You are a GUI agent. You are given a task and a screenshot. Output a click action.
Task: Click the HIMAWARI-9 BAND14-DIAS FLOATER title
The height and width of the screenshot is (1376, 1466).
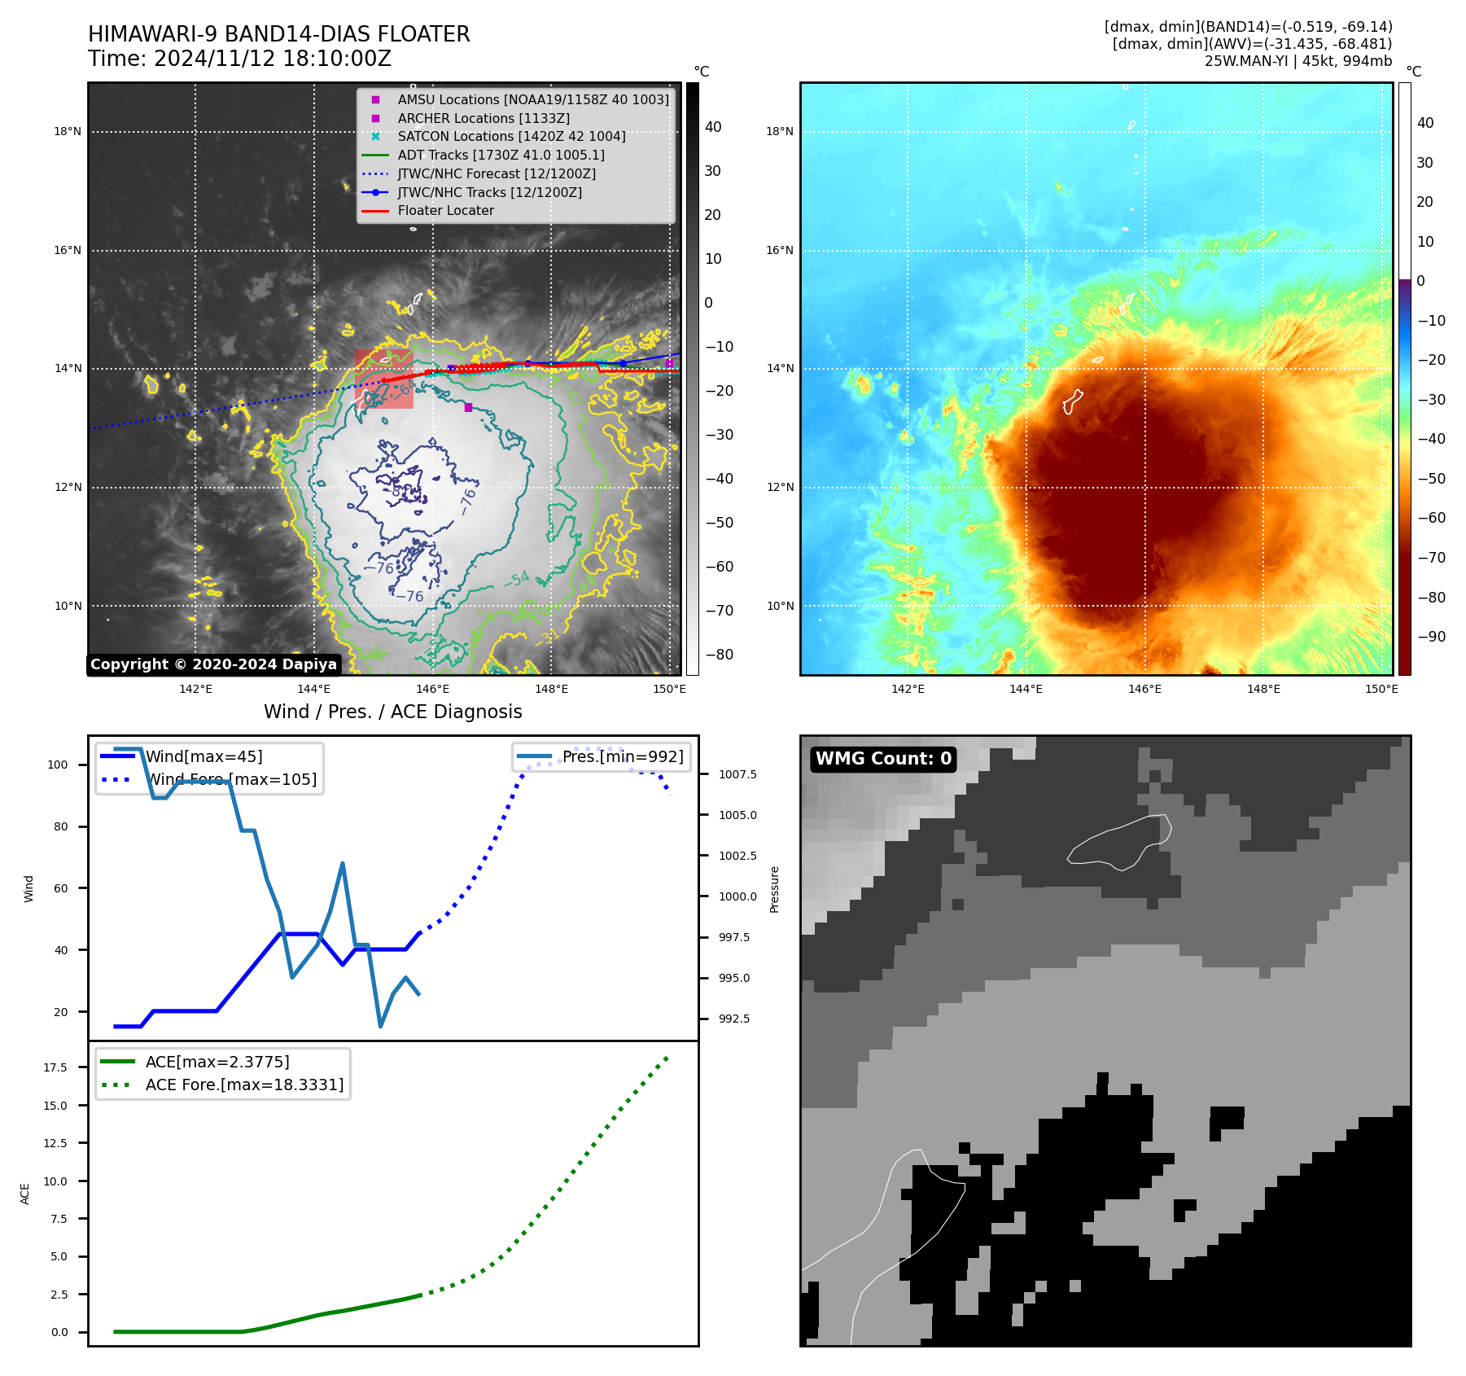[278, 34]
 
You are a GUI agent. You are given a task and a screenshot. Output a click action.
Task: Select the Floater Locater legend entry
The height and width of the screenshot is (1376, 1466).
[445, 211]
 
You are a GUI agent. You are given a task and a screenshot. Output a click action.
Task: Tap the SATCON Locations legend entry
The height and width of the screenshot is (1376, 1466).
[511, 137]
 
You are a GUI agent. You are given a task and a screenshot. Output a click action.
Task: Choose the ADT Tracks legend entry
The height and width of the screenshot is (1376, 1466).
[501, 155]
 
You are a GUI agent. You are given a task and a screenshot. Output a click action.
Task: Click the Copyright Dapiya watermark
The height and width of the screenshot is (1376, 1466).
[213, 664]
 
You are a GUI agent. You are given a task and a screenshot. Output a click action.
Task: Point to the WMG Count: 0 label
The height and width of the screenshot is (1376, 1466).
[883, 759]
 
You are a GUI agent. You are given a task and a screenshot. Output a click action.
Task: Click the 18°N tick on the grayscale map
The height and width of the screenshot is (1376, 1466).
[68, 132]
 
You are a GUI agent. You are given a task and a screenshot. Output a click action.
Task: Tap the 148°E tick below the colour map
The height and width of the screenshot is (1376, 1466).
[1263, 690]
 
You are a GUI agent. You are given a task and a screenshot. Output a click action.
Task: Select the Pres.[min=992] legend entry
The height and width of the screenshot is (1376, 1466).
[623, 757]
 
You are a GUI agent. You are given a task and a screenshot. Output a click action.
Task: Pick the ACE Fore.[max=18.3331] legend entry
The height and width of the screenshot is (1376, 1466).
[244, 1085]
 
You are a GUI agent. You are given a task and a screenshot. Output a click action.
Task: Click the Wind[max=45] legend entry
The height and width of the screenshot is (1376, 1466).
[203, 757]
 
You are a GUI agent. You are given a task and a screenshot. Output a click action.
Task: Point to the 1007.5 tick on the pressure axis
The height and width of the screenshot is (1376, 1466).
[737, 775]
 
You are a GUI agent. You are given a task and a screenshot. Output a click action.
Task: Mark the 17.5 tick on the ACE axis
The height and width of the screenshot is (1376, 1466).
[55, 1067]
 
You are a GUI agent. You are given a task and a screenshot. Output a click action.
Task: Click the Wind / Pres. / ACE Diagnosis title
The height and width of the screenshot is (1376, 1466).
[392, 712]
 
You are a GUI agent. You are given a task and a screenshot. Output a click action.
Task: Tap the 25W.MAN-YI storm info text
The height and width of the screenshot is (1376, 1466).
[1298, 61]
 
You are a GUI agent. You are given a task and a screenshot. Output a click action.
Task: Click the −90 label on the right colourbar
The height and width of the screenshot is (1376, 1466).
[1431, 637]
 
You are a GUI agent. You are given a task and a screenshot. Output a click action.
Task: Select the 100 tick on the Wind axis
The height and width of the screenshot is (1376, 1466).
[58, 765]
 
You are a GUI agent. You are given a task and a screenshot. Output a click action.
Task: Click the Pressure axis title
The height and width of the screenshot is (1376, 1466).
[774, 889]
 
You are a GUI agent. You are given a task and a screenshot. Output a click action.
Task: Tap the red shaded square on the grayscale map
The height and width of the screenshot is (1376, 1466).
[383, 379]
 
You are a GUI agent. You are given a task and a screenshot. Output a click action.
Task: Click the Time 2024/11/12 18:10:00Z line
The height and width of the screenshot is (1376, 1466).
[239, 59]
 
